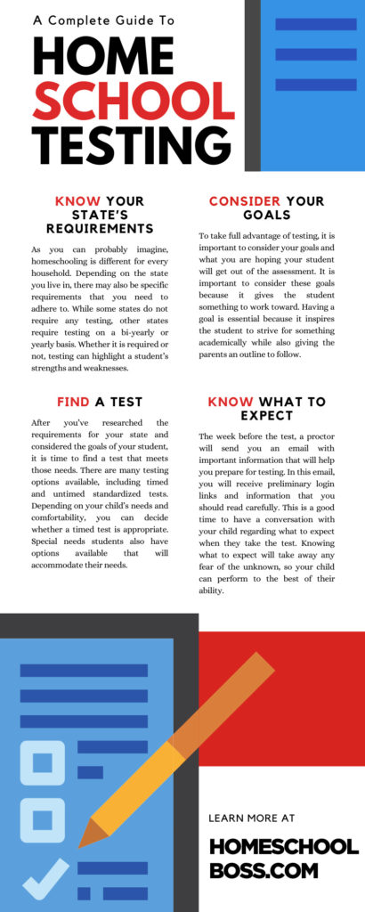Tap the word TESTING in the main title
point(119,142)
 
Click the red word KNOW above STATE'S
point(77,200)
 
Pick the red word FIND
point(72,402)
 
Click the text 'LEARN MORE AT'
point(250,818)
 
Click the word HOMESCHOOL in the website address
point(283,846)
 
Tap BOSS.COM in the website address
point(258,870)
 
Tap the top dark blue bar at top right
point(315,24)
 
